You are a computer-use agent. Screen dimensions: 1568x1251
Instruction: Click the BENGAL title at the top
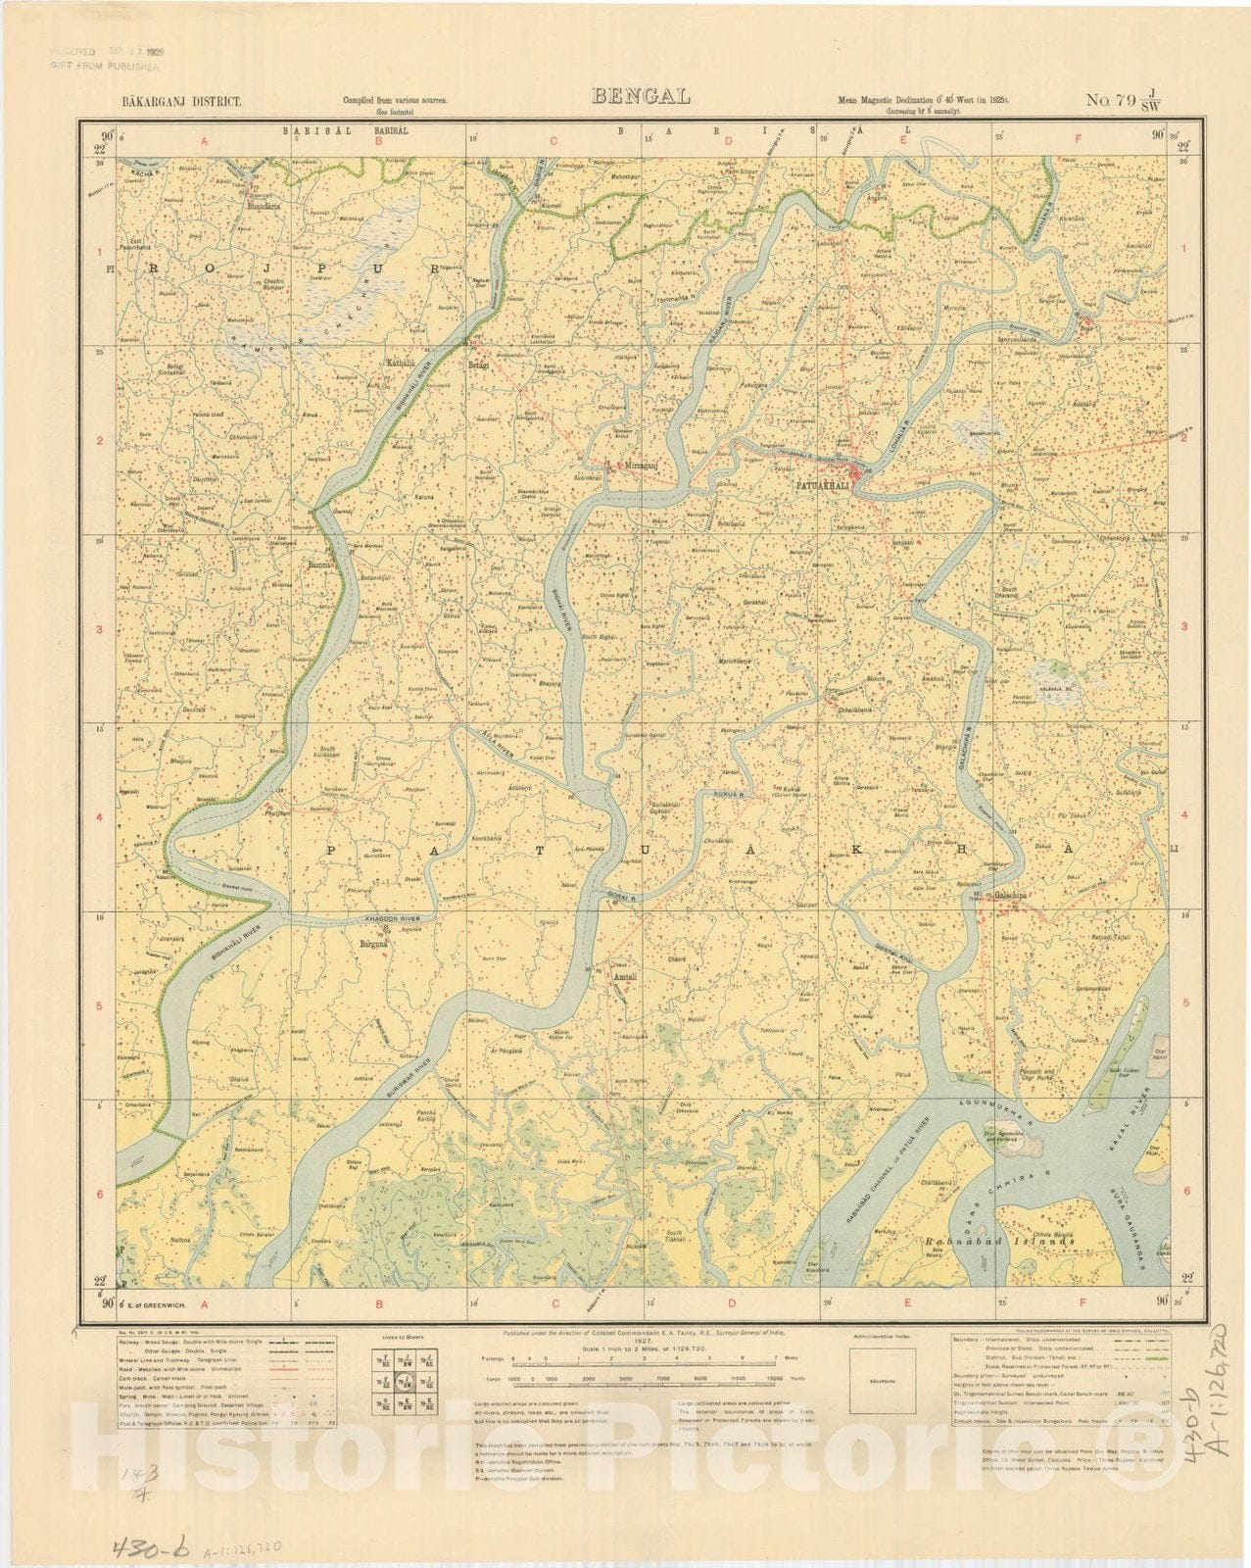pyautogui.click(x=641, y=96)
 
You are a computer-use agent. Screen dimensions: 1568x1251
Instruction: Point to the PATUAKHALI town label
pyautogui.click(x=825, y=484)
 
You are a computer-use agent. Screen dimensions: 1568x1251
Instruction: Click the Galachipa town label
pyautogui.click(x=1010, y=895)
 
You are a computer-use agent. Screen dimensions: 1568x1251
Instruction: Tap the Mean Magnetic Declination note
pyautogui.click(x=924, y=101)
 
